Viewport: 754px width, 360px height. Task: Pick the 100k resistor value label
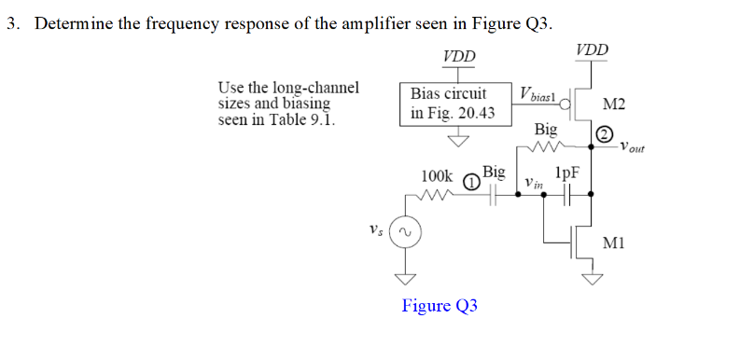point(437,175)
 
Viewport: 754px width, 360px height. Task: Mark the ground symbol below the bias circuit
point(458,140)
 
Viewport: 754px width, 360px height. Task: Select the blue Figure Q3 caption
point(440,306)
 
